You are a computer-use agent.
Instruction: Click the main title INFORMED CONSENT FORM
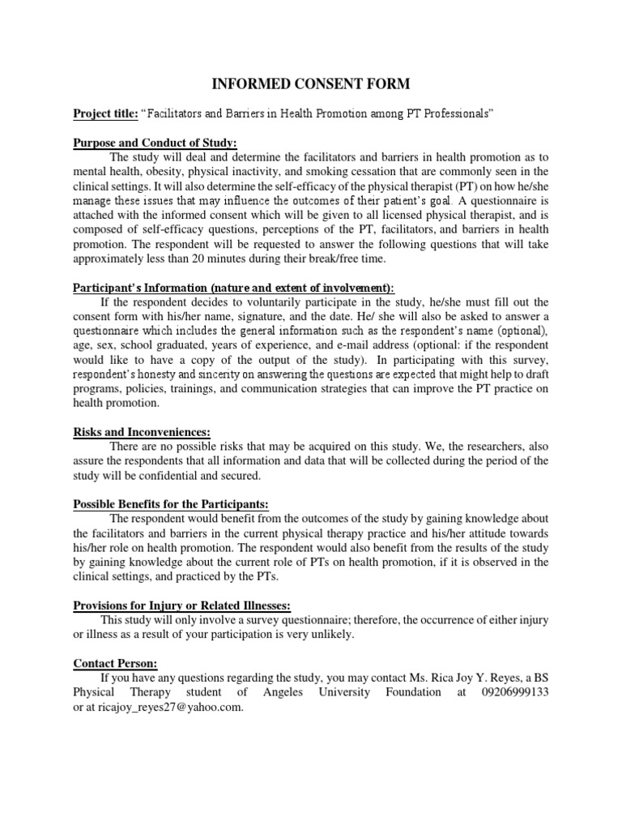click(x=311, y=83)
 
